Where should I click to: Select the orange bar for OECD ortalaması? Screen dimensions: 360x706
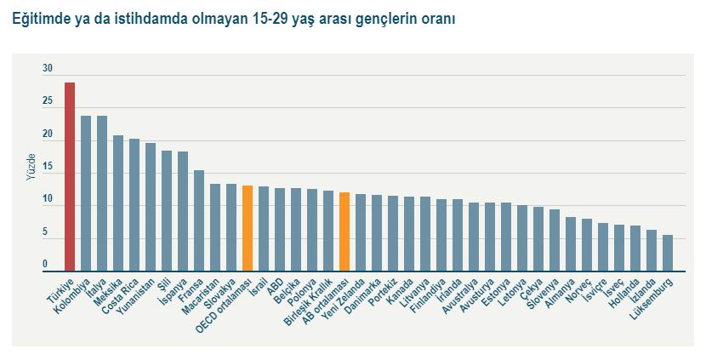pyautogui.click(x=248, y=228)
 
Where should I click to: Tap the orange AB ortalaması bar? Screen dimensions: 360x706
pyautogui.click(x=344, y=231)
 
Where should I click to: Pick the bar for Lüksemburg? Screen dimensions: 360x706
pyautogui.click(x=668, y=254)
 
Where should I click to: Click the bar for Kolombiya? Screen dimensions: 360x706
pyautogui.click(x=86, y=194)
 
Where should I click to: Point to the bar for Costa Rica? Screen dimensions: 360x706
pyautogui.click(x=134, y=205)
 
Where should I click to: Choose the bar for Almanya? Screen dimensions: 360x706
pyautogui.click(x=571, y=244)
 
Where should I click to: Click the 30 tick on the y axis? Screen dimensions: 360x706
pyautogui.click(x=48, y=69)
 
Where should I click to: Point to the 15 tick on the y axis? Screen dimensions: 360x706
pyautogui.click(x=48, y=168)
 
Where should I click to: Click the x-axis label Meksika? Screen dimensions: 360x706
pyautogui.click(x=108, y=290)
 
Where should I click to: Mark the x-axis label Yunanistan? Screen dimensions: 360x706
pyautogui.click(x=136, y=294)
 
